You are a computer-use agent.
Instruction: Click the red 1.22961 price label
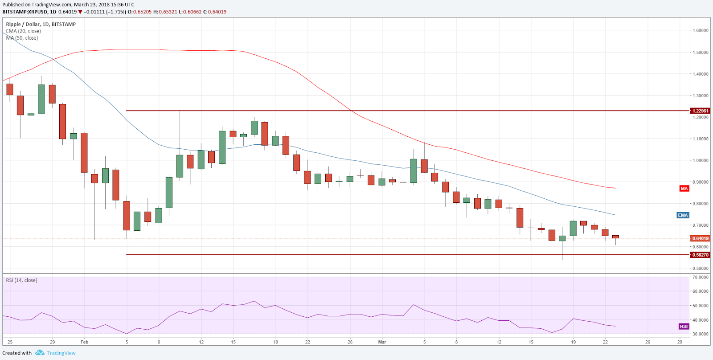click(700, 111)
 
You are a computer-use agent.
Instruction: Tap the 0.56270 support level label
click(700, 255)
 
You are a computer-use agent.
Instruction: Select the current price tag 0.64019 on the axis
click(700, 238)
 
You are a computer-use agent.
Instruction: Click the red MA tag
click(684, 188)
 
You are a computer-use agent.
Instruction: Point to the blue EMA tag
click(683, 215)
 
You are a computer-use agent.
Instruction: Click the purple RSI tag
click(684, 327)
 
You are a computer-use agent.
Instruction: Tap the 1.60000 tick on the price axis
click(701, 31)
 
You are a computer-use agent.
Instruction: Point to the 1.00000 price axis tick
click(701, 160)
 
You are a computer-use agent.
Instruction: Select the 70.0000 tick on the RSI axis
click(701, 277)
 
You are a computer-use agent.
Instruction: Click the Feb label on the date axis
click(84, 342)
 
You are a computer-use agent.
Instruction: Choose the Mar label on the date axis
click(382, 342)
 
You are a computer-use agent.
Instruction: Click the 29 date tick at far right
click(680, 342)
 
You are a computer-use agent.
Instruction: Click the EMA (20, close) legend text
click(23, 31)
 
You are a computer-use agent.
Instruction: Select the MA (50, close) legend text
click(22, 38)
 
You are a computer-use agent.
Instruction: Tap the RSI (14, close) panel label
click(21, 280)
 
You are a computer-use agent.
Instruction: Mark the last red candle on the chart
click(615, 237)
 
